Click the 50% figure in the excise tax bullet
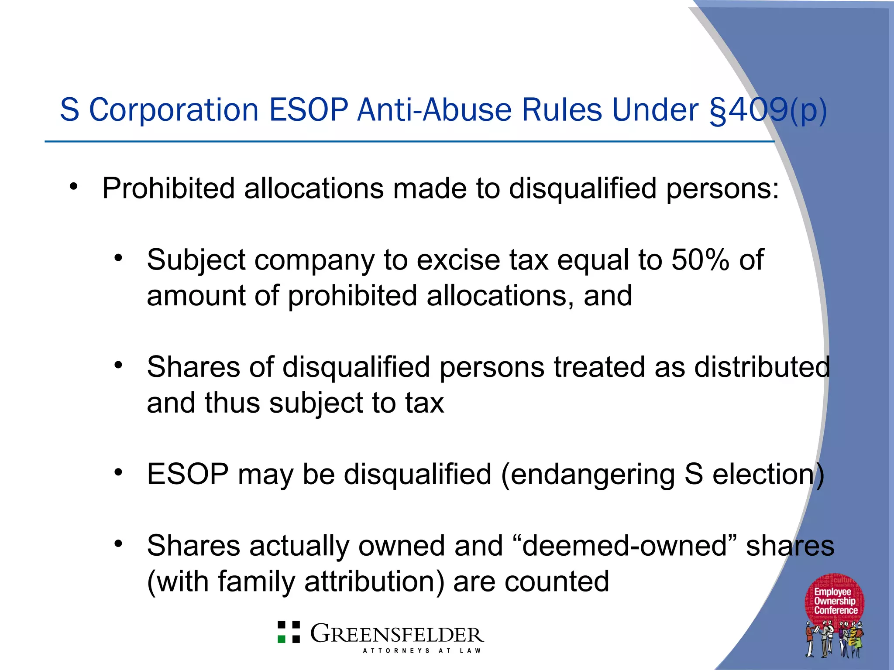tap(700, 260)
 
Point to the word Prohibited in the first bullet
tap(168, 188)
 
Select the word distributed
tap(762, 367)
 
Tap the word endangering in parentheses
tap(592, 474)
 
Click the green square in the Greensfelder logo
tap(282, 639)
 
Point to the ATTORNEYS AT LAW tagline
tap(422, 651)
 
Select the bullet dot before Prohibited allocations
tap(73, 187)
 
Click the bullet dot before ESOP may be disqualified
tap(118, 472)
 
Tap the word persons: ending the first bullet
tap(722, 188)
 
